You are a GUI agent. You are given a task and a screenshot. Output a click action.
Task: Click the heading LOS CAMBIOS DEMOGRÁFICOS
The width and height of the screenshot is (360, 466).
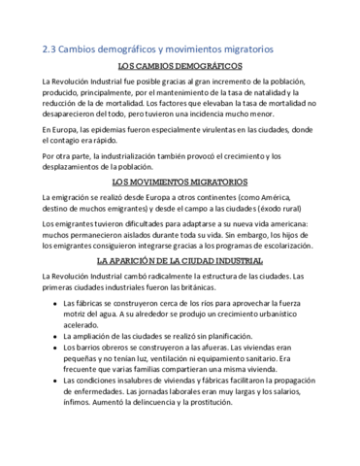180,65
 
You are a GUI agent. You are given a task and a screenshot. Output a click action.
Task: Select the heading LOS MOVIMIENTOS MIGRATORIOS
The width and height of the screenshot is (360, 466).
180,181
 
